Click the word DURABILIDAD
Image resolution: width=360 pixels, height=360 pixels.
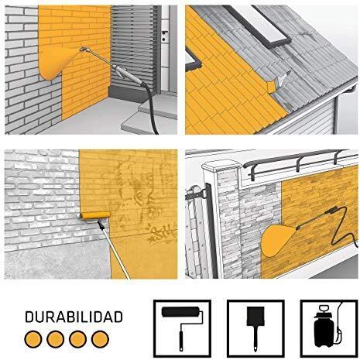74,317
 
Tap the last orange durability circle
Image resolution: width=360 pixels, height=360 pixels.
99,338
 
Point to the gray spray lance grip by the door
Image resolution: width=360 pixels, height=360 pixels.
123,76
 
